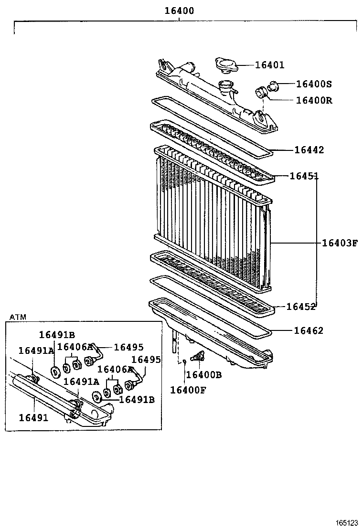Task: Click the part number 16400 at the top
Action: pos(179,10)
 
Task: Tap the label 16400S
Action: pos(314,84)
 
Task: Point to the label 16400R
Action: pos(314,100)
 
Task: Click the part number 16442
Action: pos(309,150)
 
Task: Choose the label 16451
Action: pos(304,176)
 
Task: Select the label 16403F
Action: pos(339,243)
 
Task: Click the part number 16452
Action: pos(301,307)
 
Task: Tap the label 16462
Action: pos(308,330)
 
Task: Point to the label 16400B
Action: pos(204,375)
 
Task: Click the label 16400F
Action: pos(188,390)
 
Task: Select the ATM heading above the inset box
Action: pos(18,317)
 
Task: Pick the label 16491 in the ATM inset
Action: pos(33,418)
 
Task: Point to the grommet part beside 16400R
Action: pos(262,92)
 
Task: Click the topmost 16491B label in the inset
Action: pos(57,335)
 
